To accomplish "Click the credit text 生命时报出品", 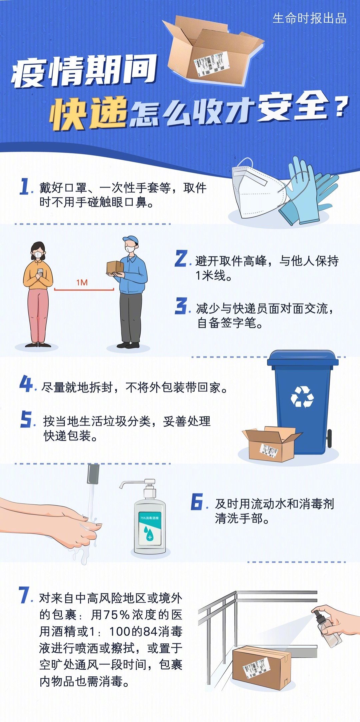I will [x=309, y=18].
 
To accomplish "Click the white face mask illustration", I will [x=257, y=192].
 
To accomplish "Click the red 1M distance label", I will [x=82, y=283].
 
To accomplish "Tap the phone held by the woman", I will [x=40, y=272].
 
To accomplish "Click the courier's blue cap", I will [x=130, y=239].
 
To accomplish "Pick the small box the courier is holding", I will [x=115, y=267].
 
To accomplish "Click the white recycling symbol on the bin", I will [x=302, y=396].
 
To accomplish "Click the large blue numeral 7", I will [x=25, y=595].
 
